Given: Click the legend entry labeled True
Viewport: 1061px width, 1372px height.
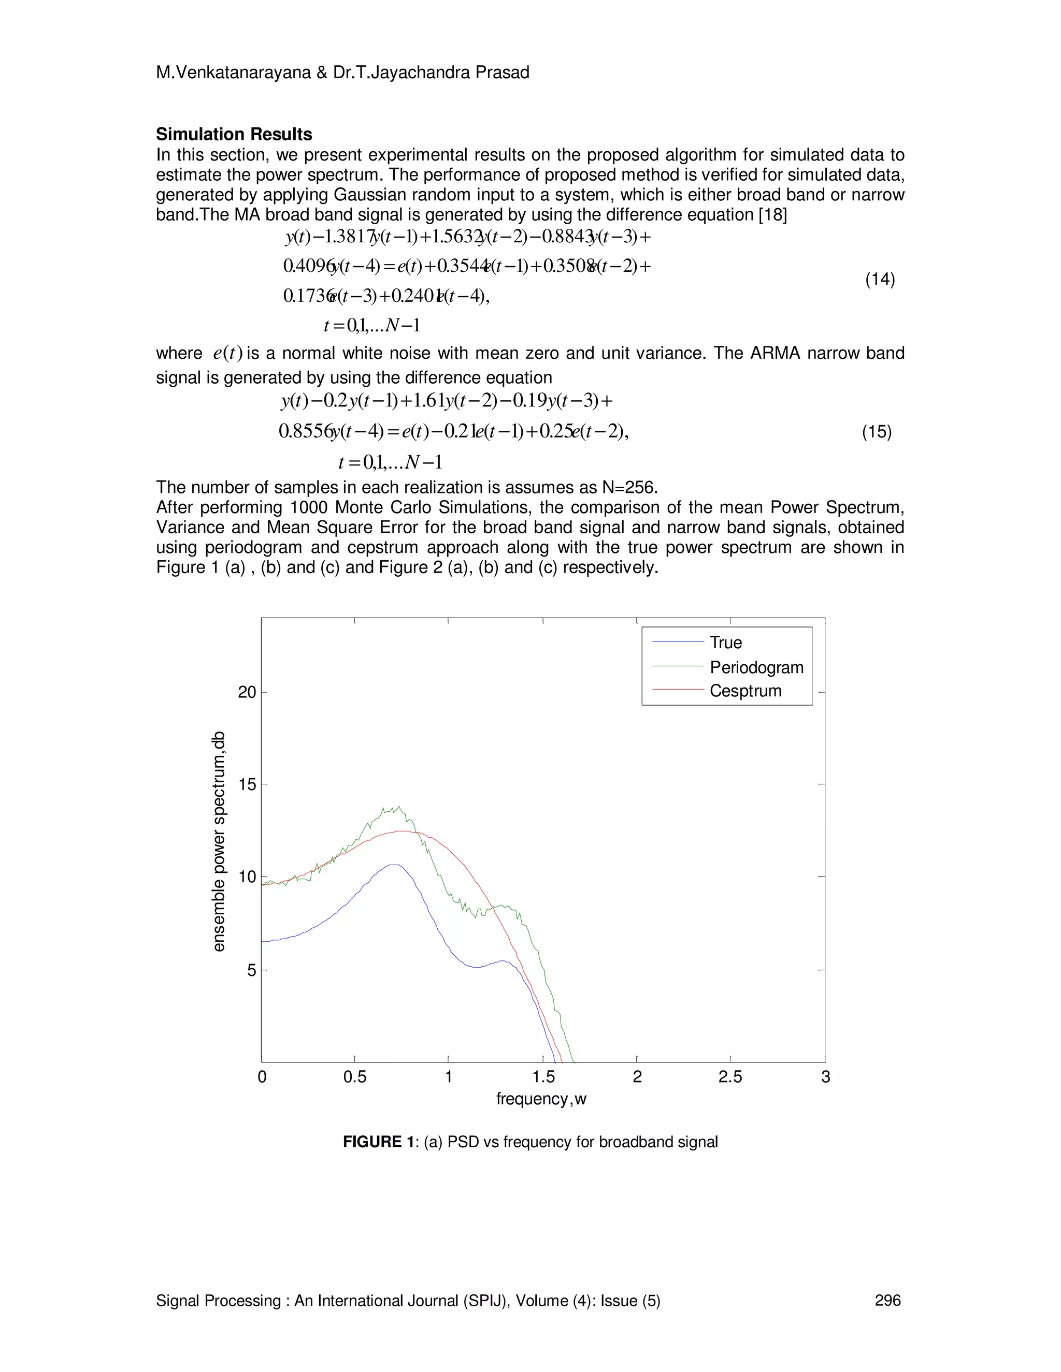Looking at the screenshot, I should pos(725,643).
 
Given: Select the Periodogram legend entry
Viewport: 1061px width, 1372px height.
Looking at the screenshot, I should pos(756,667).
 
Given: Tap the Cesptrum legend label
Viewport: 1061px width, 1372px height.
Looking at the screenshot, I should pos(745,691).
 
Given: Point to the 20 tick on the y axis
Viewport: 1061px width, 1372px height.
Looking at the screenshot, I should pos(248,692).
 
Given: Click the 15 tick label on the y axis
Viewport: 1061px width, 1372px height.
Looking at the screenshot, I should pos(248,784).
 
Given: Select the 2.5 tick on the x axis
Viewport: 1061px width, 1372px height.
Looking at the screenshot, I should pos(730,1077).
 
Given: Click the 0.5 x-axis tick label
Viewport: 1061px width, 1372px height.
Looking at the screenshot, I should pos(354,1077).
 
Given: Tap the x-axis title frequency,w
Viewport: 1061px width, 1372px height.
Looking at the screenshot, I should pos(541,1099).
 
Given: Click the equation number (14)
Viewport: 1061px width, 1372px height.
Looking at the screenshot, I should pos(880,280).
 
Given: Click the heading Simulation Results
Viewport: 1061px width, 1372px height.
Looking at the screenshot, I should pos(234,135).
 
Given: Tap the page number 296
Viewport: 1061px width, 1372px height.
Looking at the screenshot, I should pos(887,1301).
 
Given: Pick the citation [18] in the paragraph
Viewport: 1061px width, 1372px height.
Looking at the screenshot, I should pos(772,215).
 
